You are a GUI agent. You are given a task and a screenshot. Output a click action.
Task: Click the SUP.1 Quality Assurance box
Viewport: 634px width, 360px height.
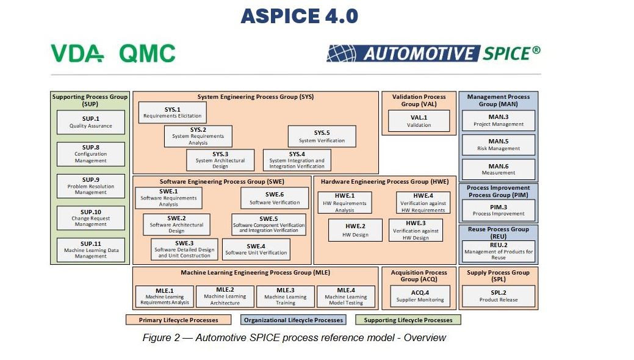tap(90, 122)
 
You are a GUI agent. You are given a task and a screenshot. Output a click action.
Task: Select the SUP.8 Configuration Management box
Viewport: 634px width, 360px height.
tap(90, 154)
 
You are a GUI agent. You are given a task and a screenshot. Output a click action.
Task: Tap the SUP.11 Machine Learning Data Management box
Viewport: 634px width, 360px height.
tap(90, 250)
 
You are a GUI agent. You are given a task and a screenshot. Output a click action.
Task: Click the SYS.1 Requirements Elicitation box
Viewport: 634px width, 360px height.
tap(172, 112)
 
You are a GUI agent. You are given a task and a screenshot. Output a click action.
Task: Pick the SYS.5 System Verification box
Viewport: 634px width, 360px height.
tap(322, 136)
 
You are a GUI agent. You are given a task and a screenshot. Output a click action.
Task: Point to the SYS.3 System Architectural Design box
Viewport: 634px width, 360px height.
tap(220, 160)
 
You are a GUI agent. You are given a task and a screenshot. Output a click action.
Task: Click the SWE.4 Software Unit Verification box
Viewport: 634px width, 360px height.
tap(256, 249)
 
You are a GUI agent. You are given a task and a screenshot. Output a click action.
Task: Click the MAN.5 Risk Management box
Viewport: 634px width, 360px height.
tap(498, 145)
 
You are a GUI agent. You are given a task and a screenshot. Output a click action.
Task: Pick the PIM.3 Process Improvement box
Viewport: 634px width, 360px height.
tap(498, 211)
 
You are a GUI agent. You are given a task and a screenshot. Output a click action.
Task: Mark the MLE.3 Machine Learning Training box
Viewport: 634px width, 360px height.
tap(286, 297)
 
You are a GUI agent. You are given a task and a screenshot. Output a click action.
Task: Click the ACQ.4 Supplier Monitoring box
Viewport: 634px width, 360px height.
tap(419, 296)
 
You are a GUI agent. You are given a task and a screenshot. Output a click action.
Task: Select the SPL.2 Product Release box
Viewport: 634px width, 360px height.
tap(498, 296)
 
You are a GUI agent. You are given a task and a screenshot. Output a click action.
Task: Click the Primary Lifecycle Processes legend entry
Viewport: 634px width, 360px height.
tap(179, 320)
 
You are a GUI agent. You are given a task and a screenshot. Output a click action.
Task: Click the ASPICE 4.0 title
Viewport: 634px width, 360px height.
tap(299, 16)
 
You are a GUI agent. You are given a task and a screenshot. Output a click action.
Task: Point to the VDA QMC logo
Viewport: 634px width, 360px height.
tap(113, 54)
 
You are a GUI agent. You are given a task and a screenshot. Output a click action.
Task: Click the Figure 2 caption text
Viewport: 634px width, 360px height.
tap(294, 337)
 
